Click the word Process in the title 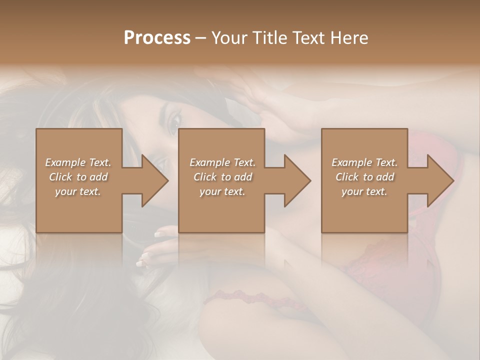point(157,38)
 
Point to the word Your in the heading point(229,38)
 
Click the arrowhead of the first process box point(154,180)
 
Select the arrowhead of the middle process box point(296,180)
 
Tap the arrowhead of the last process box point(439,180)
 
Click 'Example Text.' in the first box point(78,162)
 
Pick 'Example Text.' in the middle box point(222,162)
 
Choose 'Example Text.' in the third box point(364,162)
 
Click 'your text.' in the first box point(78,191)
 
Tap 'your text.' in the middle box point(222,191)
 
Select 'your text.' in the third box point(364,191)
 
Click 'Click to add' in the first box point(78,177)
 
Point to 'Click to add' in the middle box point(222,177)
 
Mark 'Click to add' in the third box point(364,177)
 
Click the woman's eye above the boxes point(175,120)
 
